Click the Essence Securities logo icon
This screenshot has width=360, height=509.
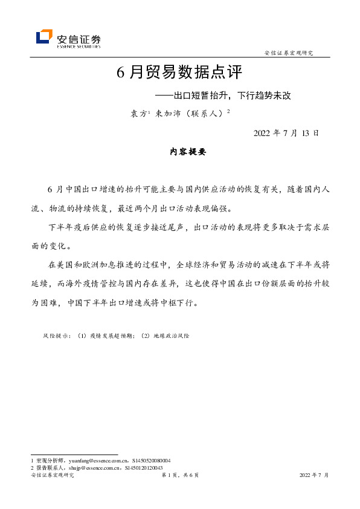tap(43, 37)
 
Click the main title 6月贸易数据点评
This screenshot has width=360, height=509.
tap(179, 73)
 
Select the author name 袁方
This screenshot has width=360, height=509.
tap(140, 113)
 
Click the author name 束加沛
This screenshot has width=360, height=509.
tap(168, 113)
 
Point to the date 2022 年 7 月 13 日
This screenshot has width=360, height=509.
tap(286, 133)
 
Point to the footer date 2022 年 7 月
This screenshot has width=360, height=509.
tap(314, 476)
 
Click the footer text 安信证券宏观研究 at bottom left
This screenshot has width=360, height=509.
tap(52, 476)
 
